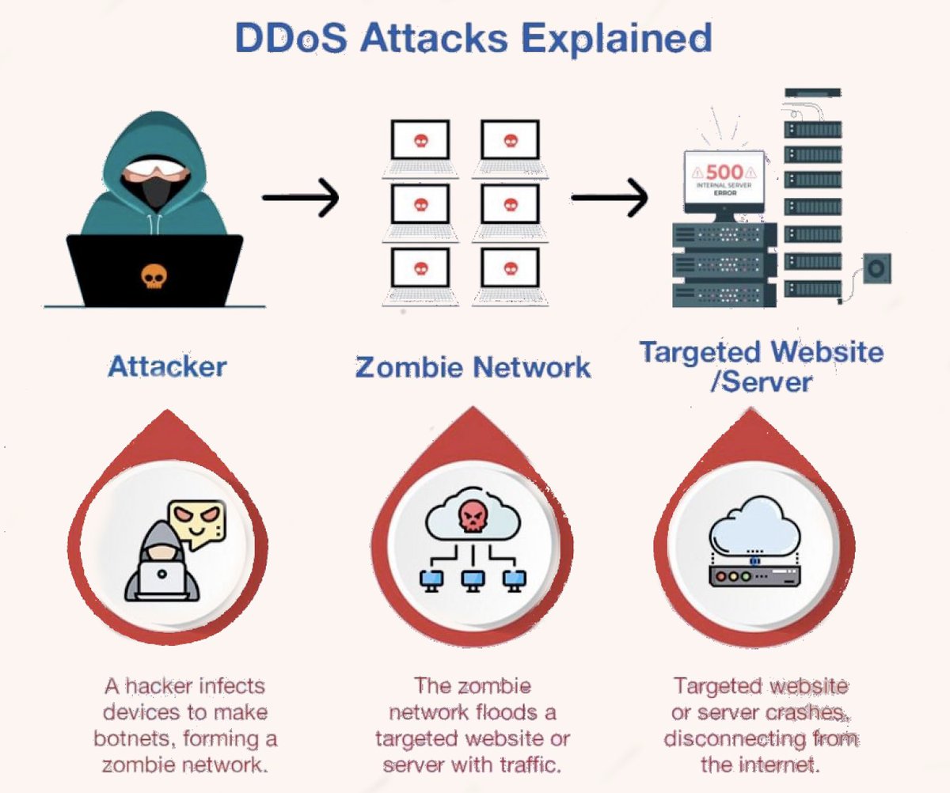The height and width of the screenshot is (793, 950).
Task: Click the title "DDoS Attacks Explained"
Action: pyautogui.click(x=473, y=38)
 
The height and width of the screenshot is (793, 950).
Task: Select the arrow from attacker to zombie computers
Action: pyautogui.click(x=301, y=197)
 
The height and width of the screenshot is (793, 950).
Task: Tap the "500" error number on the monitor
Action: pyautogui.click(x=724, y=171)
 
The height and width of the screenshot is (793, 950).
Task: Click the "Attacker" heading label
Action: pyautogui.click(x=167, y=366)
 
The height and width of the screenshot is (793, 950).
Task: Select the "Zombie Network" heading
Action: pyautogui.click(x=473, y=367)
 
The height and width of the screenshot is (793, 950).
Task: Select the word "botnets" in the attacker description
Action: pyautogui.click(x=129, y=738)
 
